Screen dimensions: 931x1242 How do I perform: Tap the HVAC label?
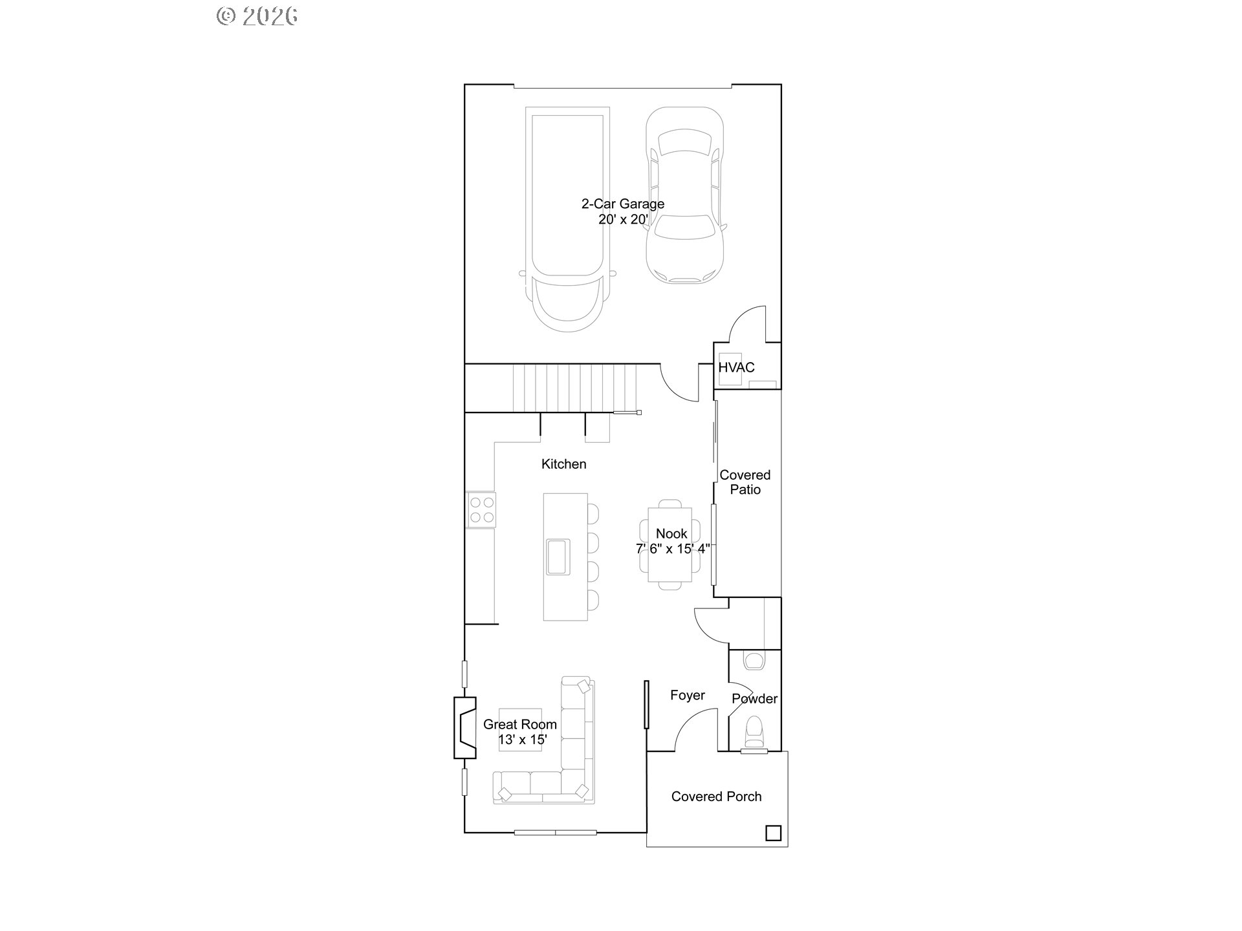(x=736, y=367)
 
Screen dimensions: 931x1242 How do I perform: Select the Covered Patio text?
(x=745, y=482)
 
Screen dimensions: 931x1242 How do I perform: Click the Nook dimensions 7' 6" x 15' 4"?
(x=673, y=549)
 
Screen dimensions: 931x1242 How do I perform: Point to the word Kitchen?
(x=563, y=464)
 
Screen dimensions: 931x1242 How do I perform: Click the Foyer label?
(x=687, y=696)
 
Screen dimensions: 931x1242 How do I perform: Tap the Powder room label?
(x=754, y=699)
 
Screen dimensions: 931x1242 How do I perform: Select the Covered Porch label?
(x=716, y=797)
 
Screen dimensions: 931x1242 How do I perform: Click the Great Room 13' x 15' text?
(x=519, y=732)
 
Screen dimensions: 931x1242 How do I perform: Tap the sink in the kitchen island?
(x=558, y=557)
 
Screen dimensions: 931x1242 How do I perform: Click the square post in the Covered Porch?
(x=773, y=833)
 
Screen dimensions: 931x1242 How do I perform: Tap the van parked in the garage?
(x=567, y=220)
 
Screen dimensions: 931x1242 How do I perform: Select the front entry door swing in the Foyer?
(x=693, y=731)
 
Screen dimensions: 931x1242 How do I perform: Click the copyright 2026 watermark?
(x=257, y=16)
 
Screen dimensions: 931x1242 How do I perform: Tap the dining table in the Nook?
(x=670, y=544)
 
